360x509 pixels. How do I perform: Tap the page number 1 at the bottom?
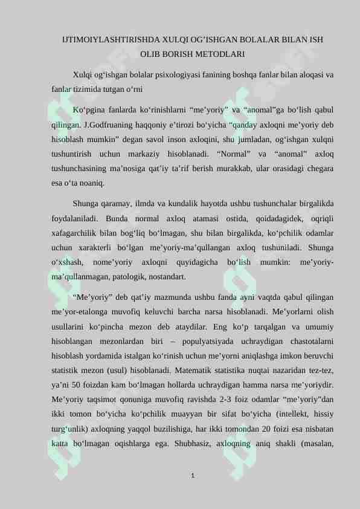coord(191,478)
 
